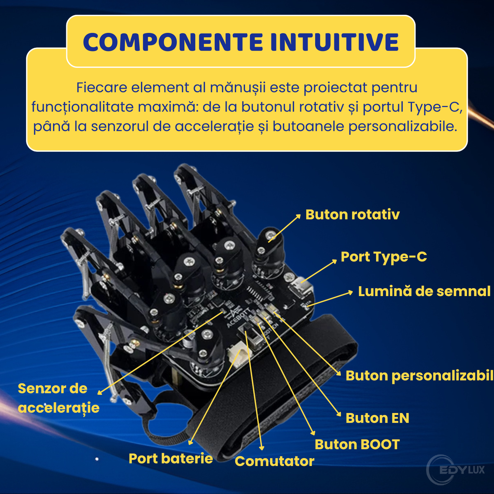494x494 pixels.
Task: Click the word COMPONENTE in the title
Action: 173,42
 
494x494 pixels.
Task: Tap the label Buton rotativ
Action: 352,215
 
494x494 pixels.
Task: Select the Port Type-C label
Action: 384,257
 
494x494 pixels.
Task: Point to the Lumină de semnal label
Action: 424,292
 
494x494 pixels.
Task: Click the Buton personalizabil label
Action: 419,376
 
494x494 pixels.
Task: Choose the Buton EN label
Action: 377,418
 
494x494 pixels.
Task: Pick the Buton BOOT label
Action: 357,444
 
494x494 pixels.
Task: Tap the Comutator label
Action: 274,461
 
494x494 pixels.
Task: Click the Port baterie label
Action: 171,458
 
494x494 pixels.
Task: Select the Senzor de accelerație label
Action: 58,398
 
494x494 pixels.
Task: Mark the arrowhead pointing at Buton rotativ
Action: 298,216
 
